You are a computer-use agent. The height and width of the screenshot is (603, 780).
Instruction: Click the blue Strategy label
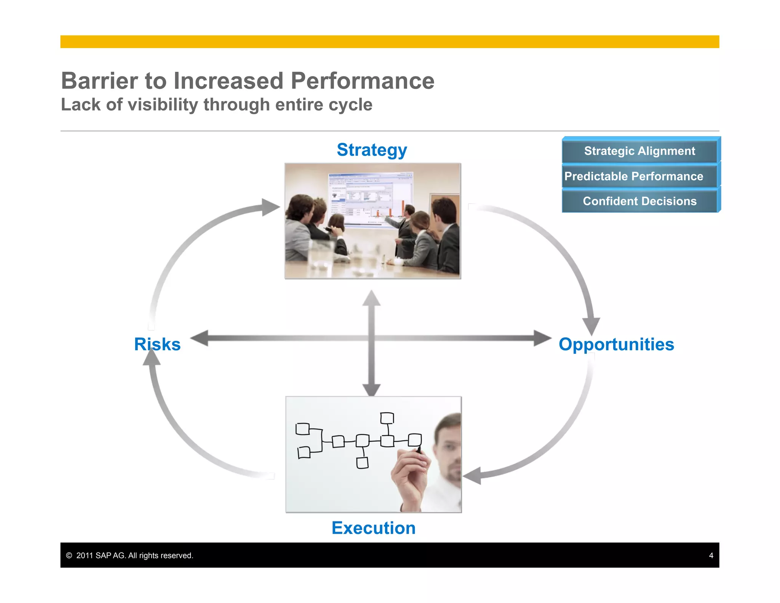372,150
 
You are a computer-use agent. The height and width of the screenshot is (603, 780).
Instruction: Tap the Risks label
157,344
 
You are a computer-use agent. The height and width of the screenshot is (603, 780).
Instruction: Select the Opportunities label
616,344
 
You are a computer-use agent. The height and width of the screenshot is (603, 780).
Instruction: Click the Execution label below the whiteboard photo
373,528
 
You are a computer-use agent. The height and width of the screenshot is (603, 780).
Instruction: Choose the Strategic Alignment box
639,151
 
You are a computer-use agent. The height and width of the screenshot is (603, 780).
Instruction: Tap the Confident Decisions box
639,201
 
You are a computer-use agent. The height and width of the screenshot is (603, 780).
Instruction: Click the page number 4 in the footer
711,555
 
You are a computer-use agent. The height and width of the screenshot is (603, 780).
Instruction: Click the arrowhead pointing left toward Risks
200,338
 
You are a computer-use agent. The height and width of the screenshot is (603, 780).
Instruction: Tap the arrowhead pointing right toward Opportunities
542,338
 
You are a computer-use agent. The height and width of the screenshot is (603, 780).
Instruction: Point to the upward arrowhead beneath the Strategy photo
371,298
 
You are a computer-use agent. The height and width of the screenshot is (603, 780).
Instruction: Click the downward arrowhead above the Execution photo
371,390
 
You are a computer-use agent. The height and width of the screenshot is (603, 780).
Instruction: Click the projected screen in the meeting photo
369,198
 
